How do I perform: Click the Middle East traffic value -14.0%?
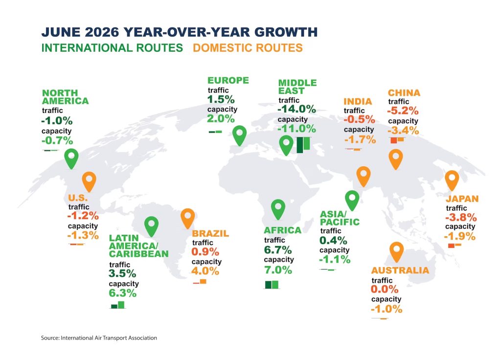click(x=296, y=109)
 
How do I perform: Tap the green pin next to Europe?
click(x=239, y=135)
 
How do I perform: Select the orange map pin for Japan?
click(x=452, y=180)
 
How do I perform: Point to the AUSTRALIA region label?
click(x=400, y=270)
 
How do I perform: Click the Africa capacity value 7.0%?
click(x=278, y=270)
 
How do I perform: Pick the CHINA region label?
click(x=404, y=93)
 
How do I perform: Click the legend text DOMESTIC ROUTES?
click(x=248, y=48)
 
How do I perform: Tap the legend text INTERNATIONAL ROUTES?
click(x=112, y=48)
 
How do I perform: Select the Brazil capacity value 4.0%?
click(x=205, y=271)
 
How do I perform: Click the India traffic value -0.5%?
click(x=359, y=119)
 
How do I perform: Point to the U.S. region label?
click(x=78, y=198)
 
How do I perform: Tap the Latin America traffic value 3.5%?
click(x=122, y=274)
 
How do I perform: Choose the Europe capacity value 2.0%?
click(x=221, y=119)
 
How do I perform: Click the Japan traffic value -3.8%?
click(x=461, y=218)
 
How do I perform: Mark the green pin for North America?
click(x=71, y=158)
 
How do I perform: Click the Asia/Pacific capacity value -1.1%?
click(x=335, y=259)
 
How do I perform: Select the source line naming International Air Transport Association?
click(x=99, y=337)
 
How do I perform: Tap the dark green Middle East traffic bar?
click(x=300, y=145)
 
